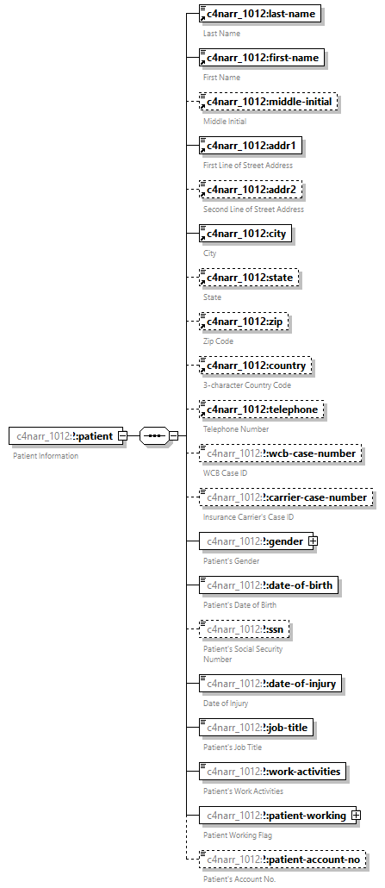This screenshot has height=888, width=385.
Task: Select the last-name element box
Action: coord(260,14)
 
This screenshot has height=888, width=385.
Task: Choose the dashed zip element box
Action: coord(244,322)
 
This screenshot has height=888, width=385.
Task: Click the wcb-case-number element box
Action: coord(279,453)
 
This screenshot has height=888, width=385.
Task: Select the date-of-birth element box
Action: coord(268,585)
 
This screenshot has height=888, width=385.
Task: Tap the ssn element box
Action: coord(245,629)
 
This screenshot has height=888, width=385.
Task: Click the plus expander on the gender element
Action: coord(314,541)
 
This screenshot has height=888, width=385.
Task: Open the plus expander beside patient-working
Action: coord(355,815)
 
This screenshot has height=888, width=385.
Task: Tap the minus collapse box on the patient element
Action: coord(122,436)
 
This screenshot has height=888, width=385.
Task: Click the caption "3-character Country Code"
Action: coord(246,385)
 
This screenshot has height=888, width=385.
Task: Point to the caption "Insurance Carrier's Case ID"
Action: coord(248,517)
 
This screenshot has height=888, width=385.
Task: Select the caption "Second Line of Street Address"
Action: coord(253,209)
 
